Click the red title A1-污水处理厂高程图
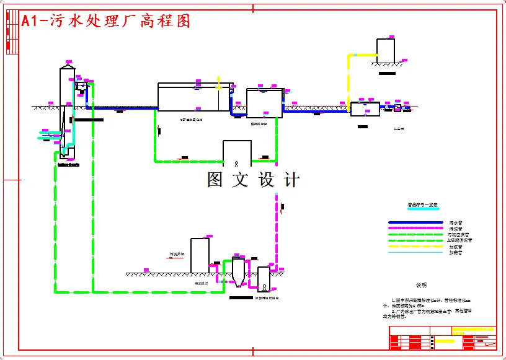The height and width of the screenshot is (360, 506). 105,21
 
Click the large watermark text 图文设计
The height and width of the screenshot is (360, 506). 253,180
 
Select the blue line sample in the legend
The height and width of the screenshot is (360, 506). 415,222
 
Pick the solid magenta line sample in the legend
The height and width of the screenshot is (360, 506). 415,229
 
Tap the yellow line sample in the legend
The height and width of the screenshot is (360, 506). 415,246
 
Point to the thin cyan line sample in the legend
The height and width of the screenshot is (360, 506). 415,252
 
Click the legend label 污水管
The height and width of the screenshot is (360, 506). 456,222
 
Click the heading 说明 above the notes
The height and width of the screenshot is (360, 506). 422,285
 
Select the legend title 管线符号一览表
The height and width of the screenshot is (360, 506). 422,205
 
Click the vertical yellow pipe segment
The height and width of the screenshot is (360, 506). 348,77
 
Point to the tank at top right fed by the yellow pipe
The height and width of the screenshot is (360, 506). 386,51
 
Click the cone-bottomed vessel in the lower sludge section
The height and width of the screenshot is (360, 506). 238,273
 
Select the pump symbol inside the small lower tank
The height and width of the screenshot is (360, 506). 264,287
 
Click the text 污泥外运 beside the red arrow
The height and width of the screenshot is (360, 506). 179,254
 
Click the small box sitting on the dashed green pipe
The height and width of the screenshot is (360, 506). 237,154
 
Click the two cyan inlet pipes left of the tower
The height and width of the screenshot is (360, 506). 50,134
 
